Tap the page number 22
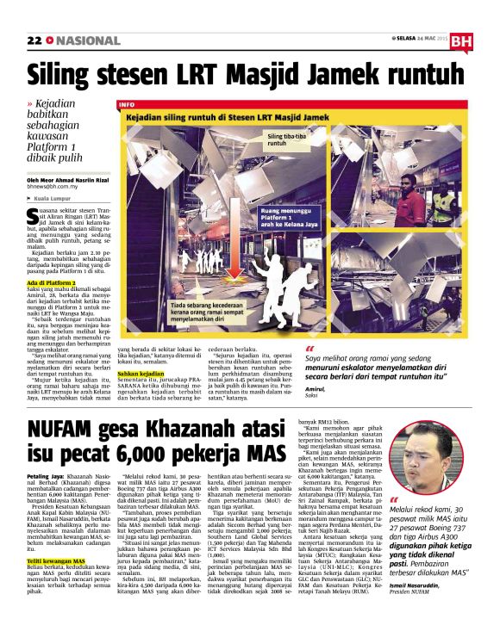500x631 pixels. coord(34,40)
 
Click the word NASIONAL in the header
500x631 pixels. coord(88,40)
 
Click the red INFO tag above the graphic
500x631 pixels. coord(128,104)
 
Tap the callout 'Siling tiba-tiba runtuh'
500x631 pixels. coord(285,139)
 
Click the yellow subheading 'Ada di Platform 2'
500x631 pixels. coord(51,281)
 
